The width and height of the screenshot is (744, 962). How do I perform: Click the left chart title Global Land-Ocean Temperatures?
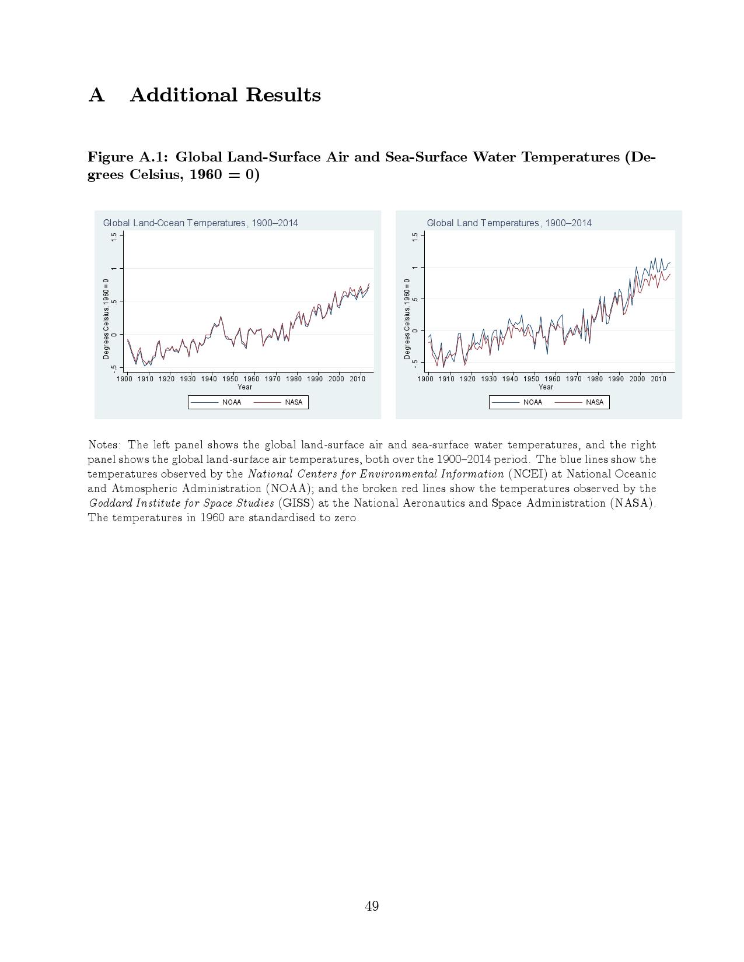[200, 223]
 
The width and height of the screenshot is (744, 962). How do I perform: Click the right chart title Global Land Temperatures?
[509, 223]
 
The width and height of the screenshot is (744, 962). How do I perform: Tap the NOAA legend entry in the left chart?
[231, 402]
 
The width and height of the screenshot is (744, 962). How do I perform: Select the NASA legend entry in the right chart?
[594, 402]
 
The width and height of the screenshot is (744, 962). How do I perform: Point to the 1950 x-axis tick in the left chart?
[230, 379]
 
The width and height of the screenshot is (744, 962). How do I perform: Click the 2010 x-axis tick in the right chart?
[658, 379]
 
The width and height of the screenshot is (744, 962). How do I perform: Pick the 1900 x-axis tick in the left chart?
[124, 379]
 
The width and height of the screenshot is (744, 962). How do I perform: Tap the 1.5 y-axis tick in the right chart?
[415, 237]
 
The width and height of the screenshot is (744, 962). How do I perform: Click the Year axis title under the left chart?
[244, 387]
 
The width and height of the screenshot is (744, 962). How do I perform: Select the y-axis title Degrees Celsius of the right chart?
[407, 318]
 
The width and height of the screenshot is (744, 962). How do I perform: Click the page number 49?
[372, 906]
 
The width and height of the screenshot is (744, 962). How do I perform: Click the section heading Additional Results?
[225, 95]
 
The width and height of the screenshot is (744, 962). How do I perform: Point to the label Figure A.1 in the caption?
[128, 157]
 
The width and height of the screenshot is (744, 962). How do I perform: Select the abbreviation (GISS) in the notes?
[296, 503]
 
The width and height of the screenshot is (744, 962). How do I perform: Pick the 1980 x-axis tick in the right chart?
[595, 379]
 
